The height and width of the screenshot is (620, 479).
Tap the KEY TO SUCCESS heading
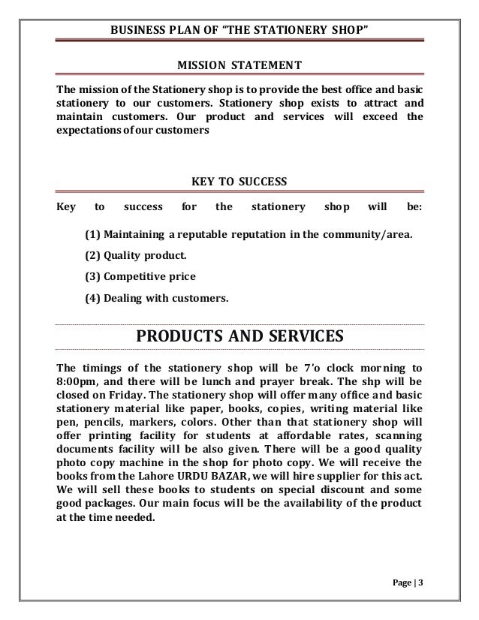(239, 181)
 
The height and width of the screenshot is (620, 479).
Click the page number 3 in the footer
(419, 583)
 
